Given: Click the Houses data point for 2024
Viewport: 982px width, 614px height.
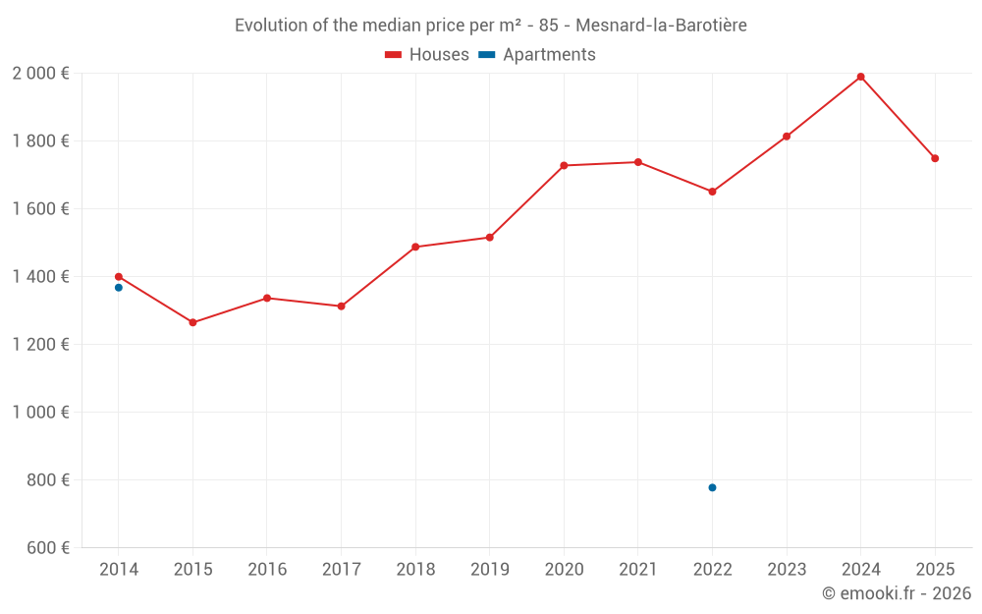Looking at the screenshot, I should [x=860, y=77].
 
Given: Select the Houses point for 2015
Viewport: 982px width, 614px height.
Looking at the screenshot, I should [x=192, y=322].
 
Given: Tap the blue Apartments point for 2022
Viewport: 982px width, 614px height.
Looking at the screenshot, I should [x=712, y=487].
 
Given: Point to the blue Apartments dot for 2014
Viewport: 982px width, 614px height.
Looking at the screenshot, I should [x=119, y=288].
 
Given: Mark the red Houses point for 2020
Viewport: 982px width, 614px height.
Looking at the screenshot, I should [x=564, y=165].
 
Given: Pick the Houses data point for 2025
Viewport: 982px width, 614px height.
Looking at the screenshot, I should [x=935, y=158].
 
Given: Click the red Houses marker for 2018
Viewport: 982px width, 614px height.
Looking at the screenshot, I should [x=415, y=247].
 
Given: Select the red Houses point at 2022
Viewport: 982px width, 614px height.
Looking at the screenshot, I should [x=712, y=192].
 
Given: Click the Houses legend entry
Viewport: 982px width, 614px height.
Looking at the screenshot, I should [x=427, y=55].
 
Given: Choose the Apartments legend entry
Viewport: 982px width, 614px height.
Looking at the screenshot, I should [x=537, y=55].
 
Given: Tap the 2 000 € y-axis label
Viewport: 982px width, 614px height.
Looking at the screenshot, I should [x=40, y=73].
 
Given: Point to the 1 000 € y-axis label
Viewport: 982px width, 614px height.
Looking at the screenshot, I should [x=40, y=412].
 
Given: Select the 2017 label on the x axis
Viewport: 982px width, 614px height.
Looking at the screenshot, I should [x=341, y=569].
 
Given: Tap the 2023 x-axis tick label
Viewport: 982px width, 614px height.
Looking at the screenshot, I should [x=787, y=569].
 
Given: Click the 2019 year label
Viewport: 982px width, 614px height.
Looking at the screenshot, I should [x=489, y=569].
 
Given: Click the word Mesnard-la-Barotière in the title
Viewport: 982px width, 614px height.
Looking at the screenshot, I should [x=661, y=26].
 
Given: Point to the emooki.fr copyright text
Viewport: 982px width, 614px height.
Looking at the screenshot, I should [x=896, y=593].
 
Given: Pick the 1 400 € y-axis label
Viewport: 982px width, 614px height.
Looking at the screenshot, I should [x=40, y=276].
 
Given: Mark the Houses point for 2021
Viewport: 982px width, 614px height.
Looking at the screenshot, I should [x=638, y=162].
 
